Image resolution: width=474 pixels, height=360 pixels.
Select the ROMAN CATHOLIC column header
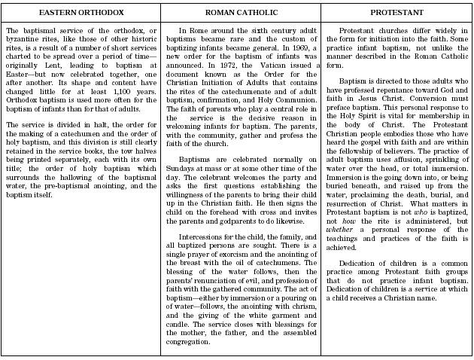point(239,14)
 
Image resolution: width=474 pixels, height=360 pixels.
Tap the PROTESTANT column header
point(397,14)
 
